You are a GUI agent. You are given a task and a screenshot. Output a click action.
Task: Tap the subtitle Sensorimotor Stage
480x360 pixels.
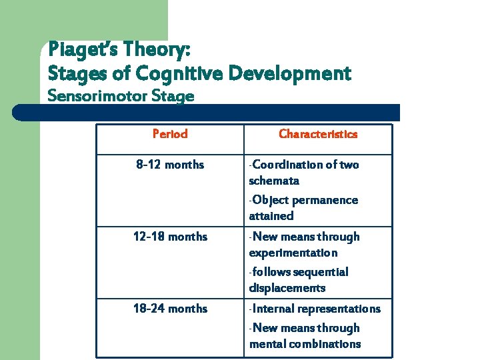coord(121,96)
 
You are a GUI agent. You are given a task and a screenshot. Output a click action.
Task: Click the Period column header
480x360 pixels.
coord(170,134)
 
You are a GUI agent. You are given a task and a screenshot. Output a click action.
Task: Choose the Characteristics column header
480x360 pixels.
coord(317,134)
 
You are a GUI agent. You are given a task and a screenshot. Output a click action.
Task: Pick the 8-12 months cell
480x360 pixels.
coord(170,165)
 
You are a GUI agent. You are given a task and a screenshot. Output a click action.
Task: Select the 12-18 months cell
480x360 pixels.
coord(170,237)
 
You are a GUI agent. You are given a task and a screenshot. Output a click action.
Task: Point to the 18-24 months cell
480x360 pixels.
coord(170,309)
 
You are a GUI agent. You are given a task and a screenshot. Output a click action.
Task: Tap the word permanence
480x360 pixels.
coord(325,200)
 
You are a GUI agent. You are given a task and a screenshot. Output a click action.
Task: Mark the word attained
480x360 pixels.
coord(271,216)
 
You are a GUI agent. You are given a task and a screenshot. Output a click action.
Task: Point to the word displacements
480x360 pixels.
coord(287,288)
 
